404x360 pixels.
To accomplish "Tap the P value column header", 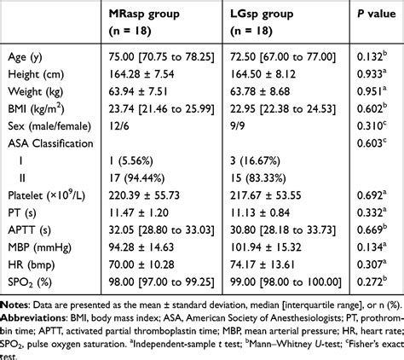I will (x=372, y=16).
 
